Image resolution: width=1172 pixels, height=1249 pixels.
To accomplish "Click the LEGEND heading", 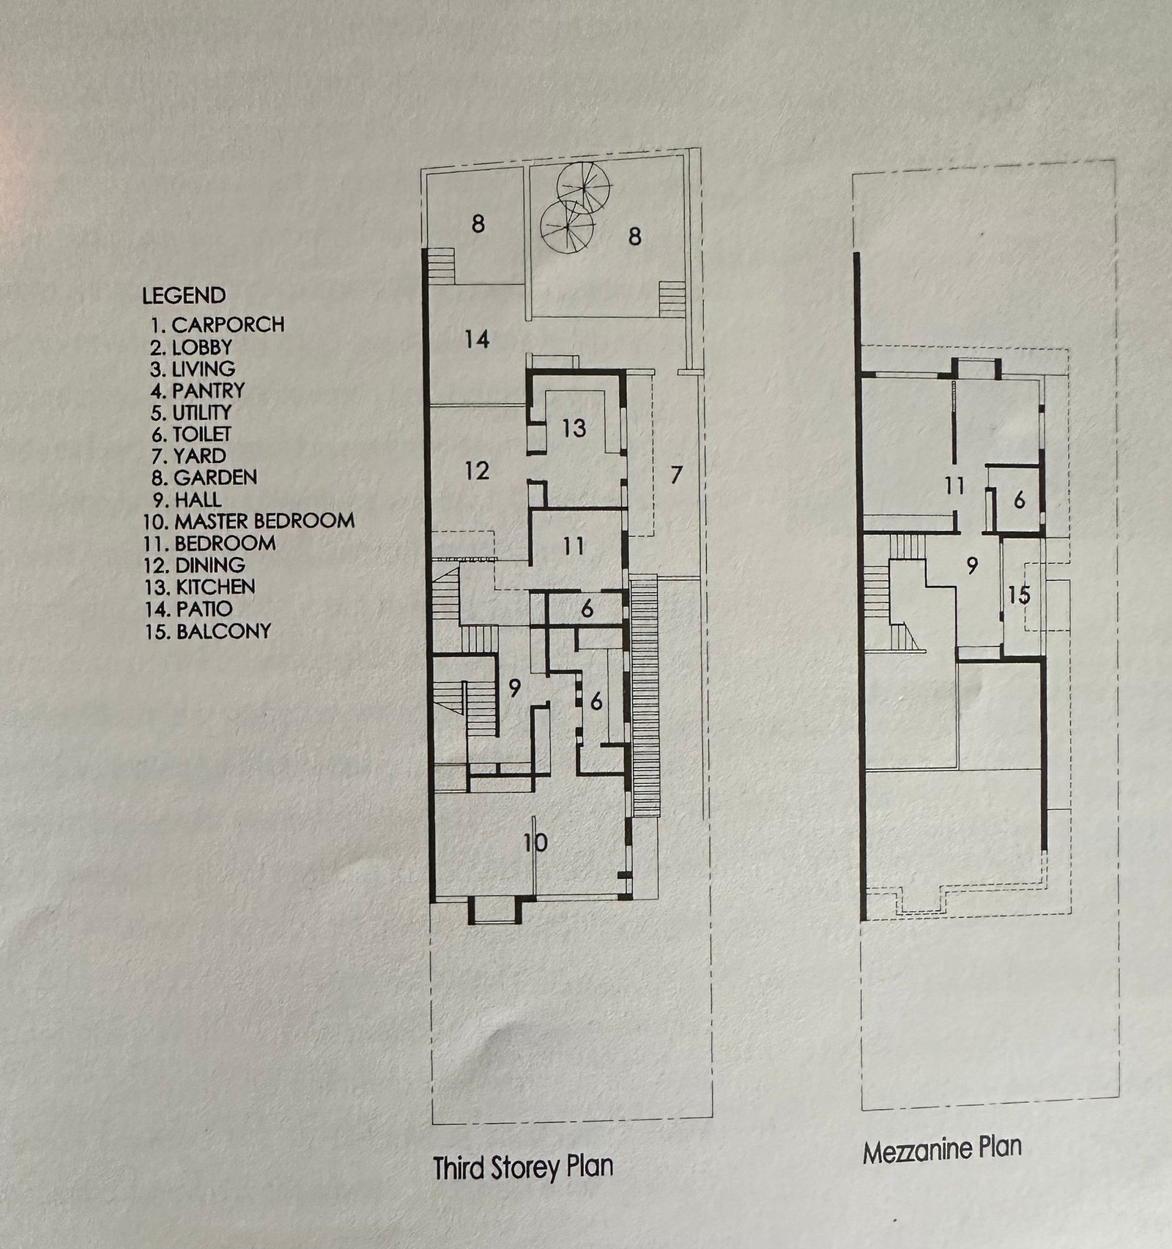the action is tap(184, 296).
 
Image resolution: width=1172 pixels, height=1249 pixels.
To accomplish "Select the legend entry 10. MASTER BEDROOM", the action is tap(250, 522).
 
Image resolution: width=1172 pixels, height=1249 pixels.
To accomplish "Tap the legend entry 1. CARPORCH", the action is tap(218, 324).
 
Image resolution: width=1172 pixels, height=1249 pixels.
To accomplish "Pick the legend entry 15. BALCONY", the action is tap(208, 631).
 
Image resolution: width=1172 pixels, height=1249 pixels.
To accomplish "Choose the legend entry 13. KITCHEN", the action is tap(201, 587).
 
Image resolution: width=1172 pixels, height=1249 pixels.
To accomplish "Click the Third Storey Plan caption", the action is tap(523, 1168).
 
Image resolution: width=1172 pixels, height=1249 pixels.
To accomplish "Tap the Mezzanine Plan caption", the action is tap(942, 1149).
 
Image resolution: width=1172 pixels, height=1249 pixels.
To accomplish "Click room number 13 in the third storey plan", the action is tap(574, 428).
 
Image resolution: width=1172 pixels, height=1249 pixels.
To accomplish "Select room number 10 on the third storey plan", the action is tap(535, 843).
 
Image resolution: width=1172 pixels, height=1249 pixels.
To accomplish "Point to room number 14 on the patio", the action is tap(477, 340).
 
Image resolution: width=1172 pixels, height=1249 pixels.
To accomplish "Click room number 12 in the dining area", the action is tap(477, 470).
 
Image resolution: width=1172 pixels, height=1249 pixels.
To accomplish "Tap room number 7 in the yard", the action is tap(676, 475).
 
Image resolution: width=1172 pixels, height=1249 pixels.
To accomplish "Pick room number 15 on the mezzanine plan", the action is tap(1019, 594).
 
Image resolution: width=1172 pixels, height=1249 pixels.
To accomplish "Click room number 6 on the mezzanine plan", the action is tap(1019, 501).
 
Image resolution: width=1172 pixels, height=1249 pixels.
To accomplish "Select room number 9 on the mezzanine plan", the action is tap(973, 566).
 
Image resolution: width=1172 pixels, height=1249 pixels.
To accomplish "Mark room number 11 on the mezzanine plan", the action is tap(954, 486).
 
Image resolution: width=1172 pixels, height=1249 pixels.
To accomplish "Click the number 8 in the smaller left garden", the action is tap(478, 223).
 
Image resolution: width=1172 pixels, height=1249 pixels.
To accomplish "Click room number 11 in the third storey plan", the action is tap(574, 546).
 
